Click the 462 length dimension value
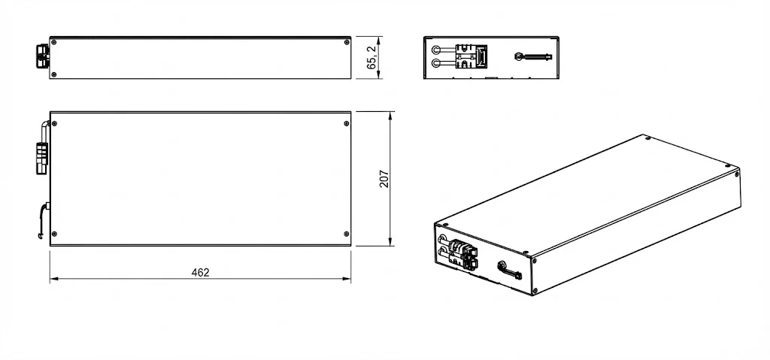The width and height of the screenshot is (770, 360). coord(200,272)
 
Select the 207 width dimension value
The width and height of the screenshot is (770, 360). coord(384,179)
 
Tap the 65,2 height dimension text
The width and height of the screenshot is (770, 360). coord(371,57)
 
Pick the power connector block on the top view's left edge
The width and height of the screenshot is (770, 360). coord(41,157)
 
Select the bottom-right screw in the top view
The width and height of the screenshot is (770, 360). coord(345,234)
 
